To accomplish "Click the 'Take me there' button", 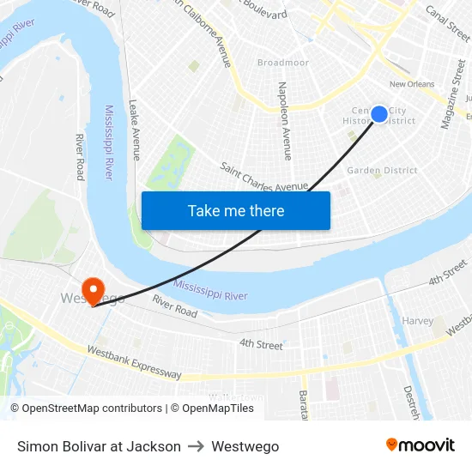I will tap(236, 211).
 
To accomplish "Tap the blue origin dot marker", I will tap(378, 114).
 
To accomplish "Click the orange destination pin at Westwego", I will tap(92, 290).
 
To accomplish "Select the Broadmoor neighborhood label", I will tap(282, 63).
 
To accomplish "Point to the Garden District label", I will tap(382, 170).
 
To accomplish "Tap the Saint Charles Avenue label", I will tap(263, 177).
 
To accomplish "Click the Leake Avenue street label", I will tap(134, 129).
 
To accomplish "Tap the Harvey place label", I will tap(418, 321).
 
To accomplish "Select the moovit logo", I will tap(421, 445).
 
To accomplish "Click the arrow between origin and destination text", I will tap(197, 446).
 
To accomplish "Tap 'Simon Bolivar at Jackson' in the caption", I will tap(99, 446).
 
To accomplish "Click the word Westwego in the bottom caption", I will tap(245, 446).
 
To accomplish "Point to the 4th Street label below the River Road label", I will tap(260, 345).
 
